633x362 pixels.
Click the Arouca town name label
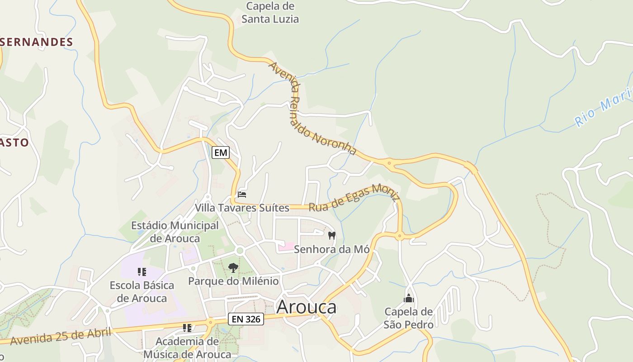[306, 307]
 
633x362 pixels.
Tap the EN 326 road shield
[246, 319]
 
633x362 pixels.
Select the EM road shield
[221, 152]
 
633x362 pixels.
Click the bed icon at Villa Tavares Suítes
[242, 195]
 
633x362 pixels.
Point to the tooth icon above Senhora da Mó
[332, 235]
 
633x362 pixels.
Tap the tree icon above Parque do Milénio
[233, 267]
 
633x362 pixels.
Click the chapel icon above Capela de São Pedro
[409, 298]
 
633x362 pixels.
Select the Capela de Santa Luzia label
[270, 13]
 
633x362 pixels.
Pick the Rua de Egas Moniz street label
[354, 198]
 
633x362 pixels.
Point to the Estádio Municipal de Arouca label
[175, 232]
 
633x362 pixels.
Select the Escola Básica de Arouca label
[142, 292]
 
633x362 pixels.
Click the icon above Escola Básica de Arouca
[142, 272]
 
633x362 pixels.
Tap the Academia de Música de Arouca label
[187, 348]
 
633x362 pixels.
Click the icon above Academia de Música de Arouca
[187, 328]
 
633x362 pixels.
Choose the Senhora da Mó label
[331, 249]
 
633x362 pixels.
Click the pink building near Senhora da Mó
[286, 247]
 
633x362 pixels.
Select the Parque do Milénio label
[233, 281]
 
